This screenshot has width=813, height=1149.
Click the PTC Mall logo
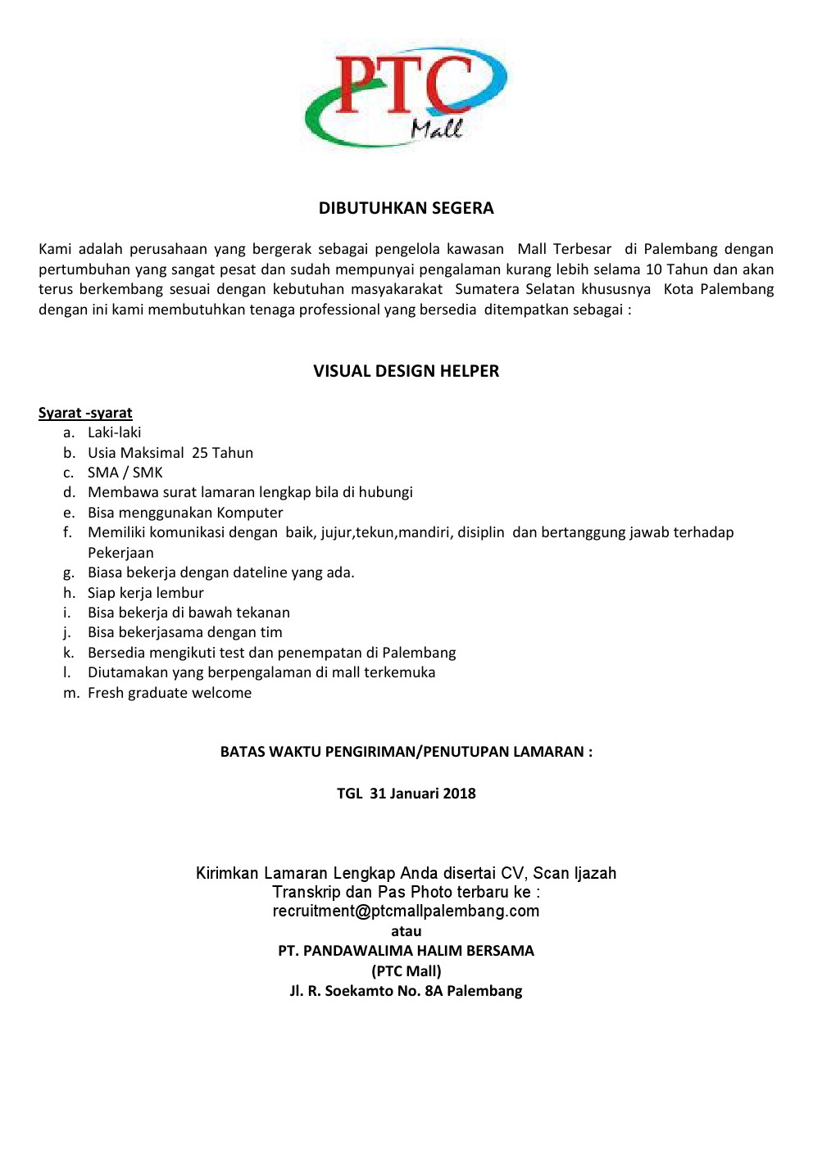point(406,97)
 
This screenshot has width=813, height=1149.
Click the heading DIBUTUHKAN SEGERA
point(406,208)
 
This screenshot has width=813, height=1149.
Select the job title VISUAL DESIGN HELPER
point(406,371)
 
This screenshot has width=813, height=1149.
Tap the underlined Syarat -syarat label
point(85,413)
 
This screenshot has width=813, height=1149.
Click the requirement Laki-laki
point(115,432)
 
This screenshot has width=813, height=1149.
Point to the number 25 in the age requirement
point(200,453)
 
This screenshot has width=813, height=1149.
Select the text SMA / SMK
point(125,473)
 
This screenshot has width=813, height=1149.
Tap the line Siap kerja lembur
point(146,593)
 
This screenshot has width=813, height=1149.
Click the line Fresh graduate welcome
point(170,693)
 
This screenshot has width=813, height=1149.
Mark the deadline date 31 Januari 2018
point(422,794)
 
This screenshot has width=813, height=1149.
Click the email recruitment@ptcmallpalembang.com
point(406,911)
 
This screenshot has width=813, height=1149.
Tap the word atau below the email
point(406,931)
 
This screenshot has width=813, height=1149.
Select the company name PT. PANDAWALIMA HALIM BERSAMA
point(406,951)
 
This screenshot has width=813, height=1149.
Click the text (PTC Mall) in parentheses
point(406,971)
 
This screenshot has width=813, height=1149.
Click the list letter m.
point(71,694)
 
